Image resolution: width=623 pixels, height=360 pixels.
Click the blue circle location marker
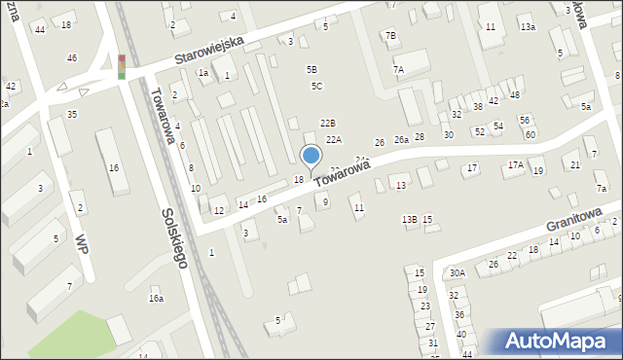[311, 156]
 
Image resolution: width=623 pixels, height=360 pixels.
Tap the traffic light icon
[122, 66]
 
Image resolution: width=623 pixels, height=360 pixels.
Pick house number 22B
[328, 123]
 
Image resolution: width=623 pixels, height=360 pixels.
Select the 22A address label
[334, 140]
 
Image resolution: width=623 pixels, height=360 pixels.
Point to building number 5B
[311, 70]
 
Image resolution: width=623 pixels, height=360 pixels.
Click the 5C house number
[316, 87]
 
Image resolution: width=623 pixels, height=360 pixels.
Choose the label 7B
[390, 36]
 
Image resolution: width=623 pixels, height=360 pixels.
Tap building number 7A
[398, 69]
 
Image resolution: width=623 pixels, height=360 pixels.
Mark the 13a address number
[527, 27]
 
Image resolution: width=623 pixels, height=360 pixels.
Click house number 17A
[515, 166]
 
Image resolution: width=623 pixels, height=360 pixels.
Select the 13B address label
[410, 220]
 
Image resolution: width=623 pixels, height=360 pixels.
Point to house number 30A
[457, 273]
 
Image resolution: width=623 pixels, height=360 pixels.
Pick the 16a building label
[156, 299]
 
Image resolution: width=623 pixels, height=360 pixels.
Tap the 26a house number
[400, 140]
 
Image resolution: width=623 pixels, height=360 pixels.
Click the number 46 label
[71, 58]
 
